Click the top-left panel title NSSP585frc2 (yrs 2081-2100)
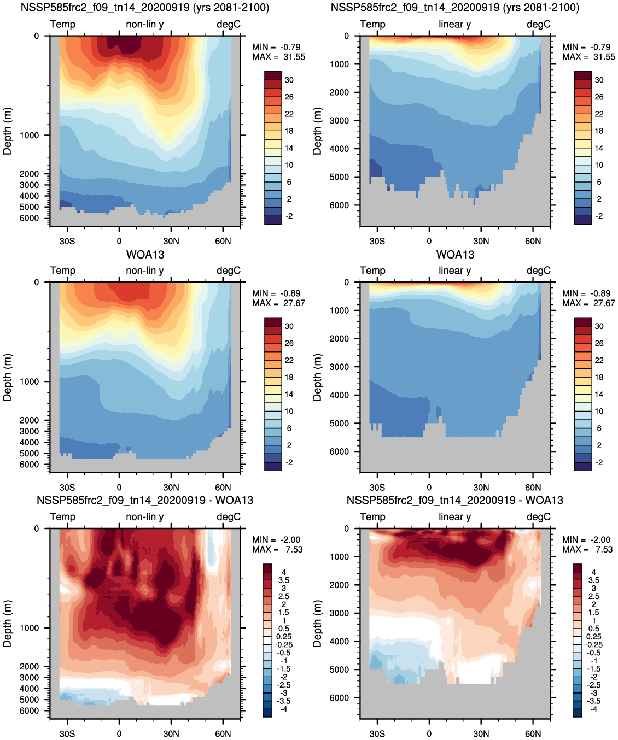point(145,7)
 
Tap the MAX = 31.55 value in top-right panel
point(588,57)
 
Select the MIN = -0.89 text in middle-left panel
point(276,293)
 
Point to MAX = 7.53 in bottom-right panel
point(587,549)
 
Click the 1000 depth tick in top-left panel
point(29,135)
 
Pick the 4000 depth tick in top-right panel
point(339,149)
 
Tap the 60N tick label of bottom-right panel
point(533,733)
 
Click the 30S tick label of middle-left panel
point(67,488)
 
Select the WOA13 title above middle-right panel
point(455,255)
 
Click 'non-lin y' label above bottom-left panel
point(145,517)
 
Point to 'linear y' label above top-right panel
point(455,24)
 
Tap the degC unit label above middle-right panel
point(539,271)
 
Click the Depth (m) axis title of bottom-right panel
point(317,624)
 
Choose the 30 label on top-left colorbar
point(289,80)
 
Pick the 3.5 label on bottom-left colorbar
point(284,580)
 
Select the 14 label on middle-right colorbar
point(599,395)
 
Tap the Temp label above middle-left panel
point(63,271)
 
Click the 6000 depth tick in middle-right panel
point(339,451)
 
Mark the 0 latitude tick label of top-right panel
point(429,241)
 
